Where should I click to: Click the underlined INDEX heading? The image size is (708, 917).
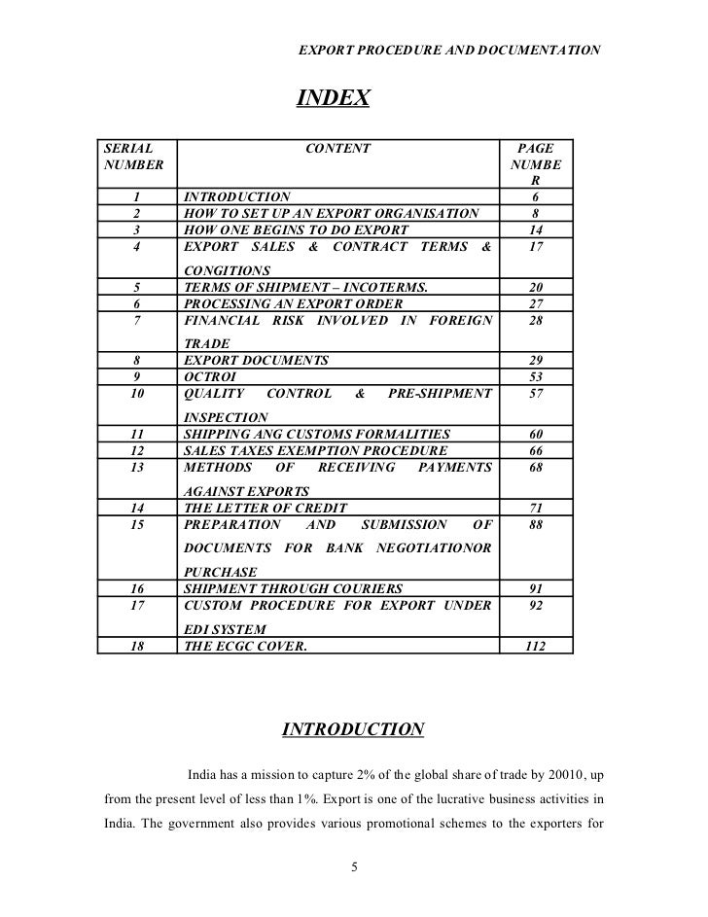point(333,99)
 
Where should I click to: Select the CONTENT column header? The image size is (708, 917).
point(337,149)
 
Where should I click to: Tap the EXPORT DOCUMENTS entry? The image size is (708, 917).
point(256,361)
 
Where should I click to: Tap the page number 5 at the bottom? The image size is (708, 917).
point(355,867)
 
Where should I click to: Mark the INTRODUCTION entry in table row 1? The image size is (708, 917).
point(236,196)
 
